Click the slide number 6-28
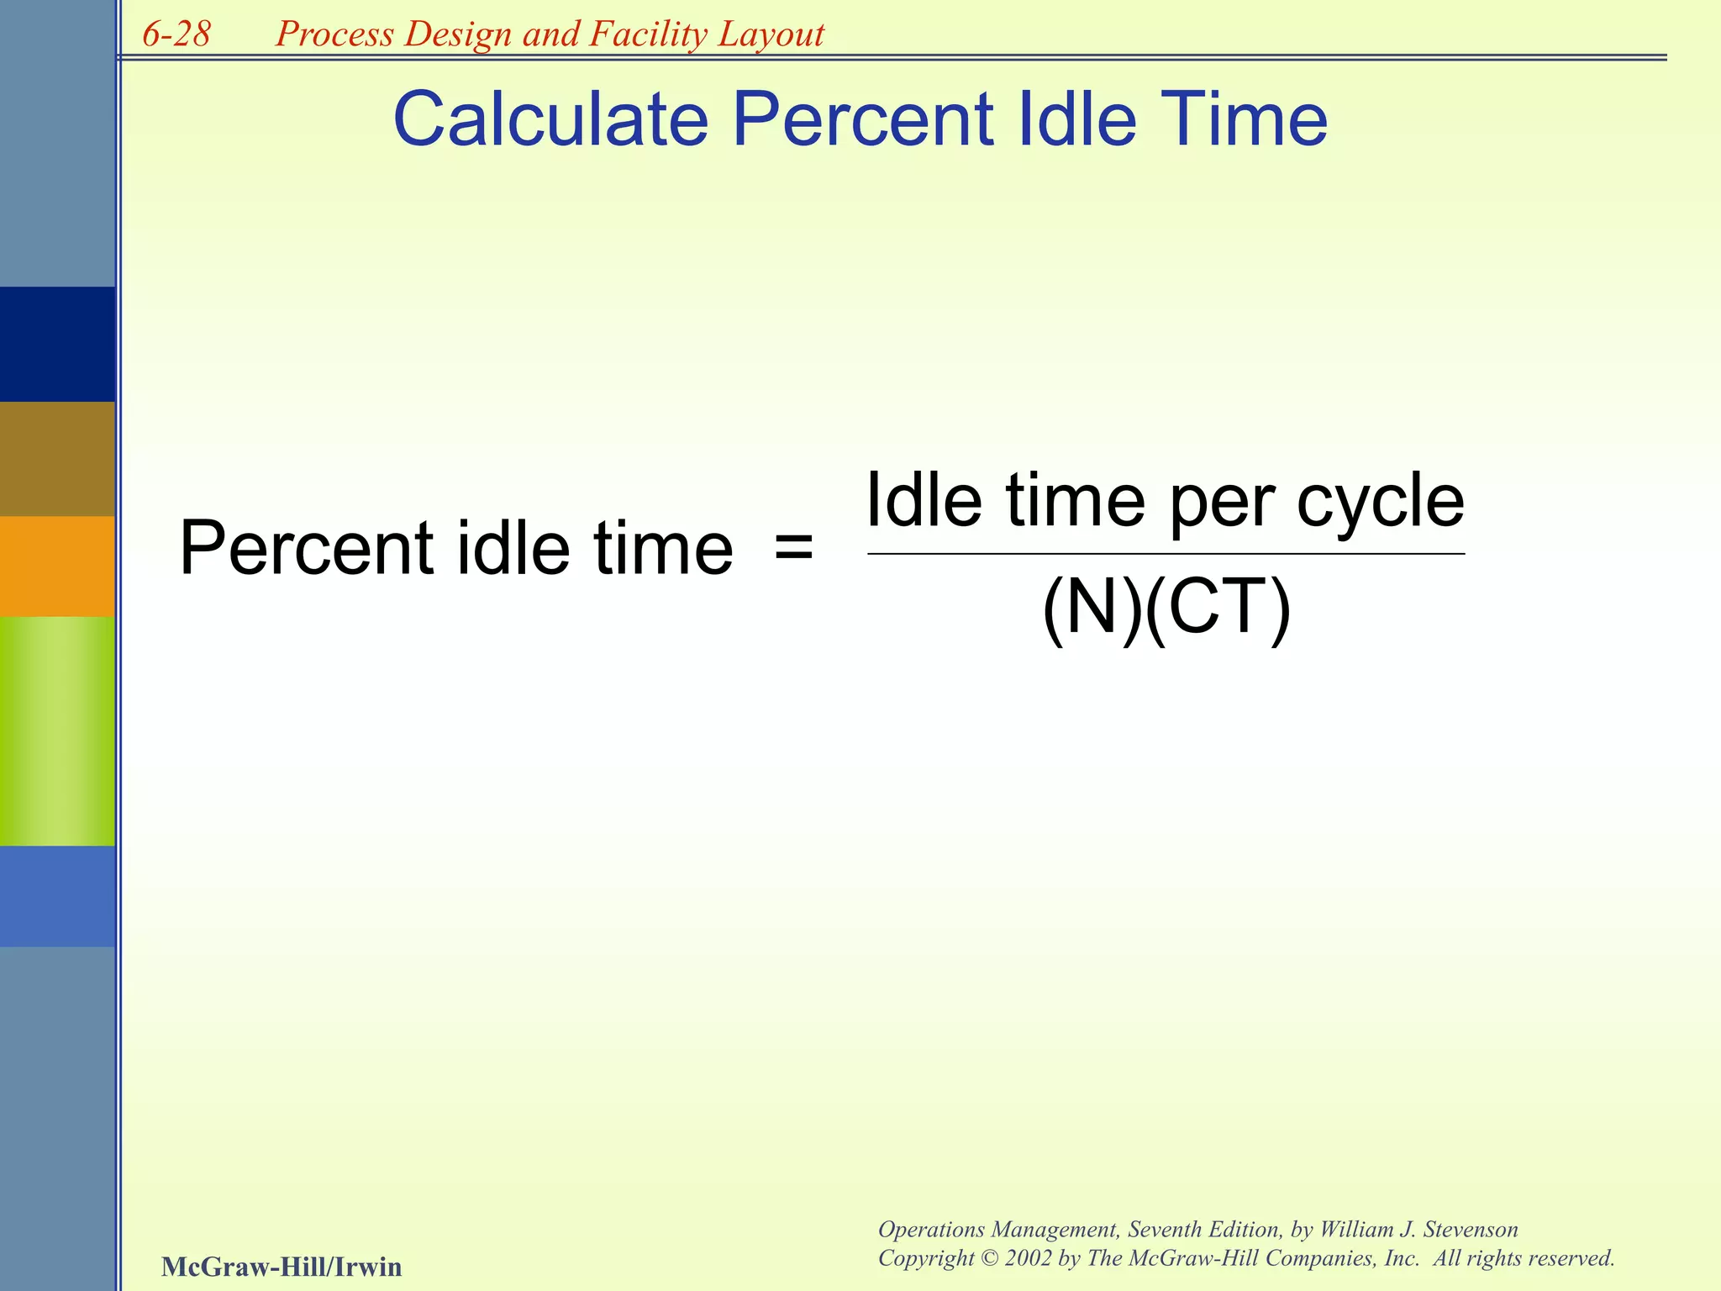coord(176,34)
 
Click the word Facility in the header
coord(648,34)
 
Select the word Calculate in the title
coord(550,119)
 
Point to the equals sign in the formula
coord(793,548)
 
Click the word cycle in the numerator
coord(1380,503)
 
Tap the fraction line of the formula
coord(1166,554)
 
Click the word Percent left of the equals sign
coord(306,548)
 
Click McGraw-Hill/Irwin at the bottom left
coord(282,1266)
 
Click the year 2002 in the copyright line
coord(1029,1258)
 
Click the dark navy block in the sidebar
coord(57,345)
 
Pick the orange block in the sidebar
coord(57,566)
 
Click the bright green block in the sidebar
coord(57,731)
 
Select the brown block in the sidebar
coord(57,459)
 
